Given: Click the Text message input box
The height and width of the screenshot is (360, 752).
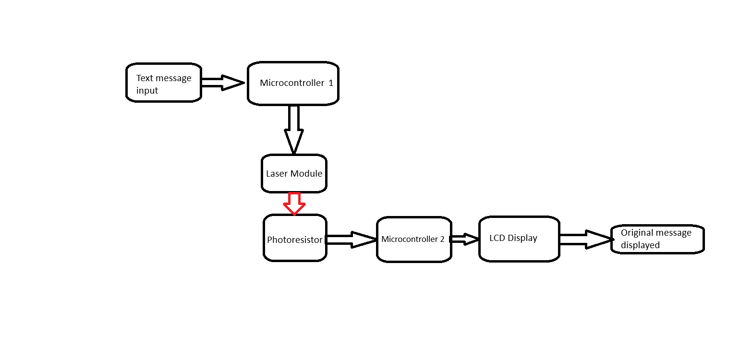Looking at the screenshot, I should click(x=163, y=83).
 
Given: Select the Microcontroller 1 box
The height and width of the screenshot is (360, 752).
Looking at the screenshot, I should click(x=293, y=83).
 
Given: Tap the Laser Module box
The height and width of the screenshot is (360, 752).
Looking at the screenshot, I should click(x=294, y=173).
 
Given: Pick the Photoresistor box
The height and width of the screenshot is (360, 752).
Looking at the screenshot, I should click(x=295, y=238).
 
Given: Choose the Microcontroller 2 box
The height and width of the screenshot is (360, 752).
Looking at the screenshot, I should click(x=413, y=239).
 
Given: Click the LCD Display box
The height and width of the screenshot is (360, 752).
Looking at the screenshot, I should click(x=519, y=239).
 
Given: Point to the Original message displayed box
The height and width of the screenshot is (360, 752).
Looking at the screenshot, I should click(x=657, y=239).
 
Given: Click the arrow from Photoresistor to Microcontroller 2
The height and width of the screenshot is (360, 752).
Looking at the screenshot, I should click(x=351, y=239).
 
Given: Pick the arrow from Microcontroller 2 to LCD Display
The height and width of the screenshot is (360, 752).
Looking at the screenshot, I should click(x=464, y=239).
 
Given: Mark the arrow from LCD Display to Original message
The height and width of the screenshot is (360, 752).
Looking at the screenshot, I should click(x=586, y=239).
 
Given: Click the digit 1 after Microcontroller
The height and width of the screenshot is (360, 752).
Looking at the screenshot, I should click(x=331, y=83).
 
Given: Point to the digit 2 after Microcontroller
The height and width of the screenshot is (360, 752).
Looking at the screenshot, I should click(x=442, y=239).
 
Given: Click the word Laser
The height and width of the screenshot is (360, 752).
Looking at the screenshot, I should click(x=276, y=173).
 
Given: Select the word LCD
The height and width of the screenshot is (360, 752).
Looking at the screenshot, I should click(x=497, y=238).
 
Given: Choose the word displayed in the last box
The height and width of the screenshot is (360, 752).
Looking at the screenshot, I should click(x=640, y=245).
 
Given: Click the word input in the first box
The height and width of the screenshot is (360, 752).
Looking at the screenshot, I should click(x=147, y=91).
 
